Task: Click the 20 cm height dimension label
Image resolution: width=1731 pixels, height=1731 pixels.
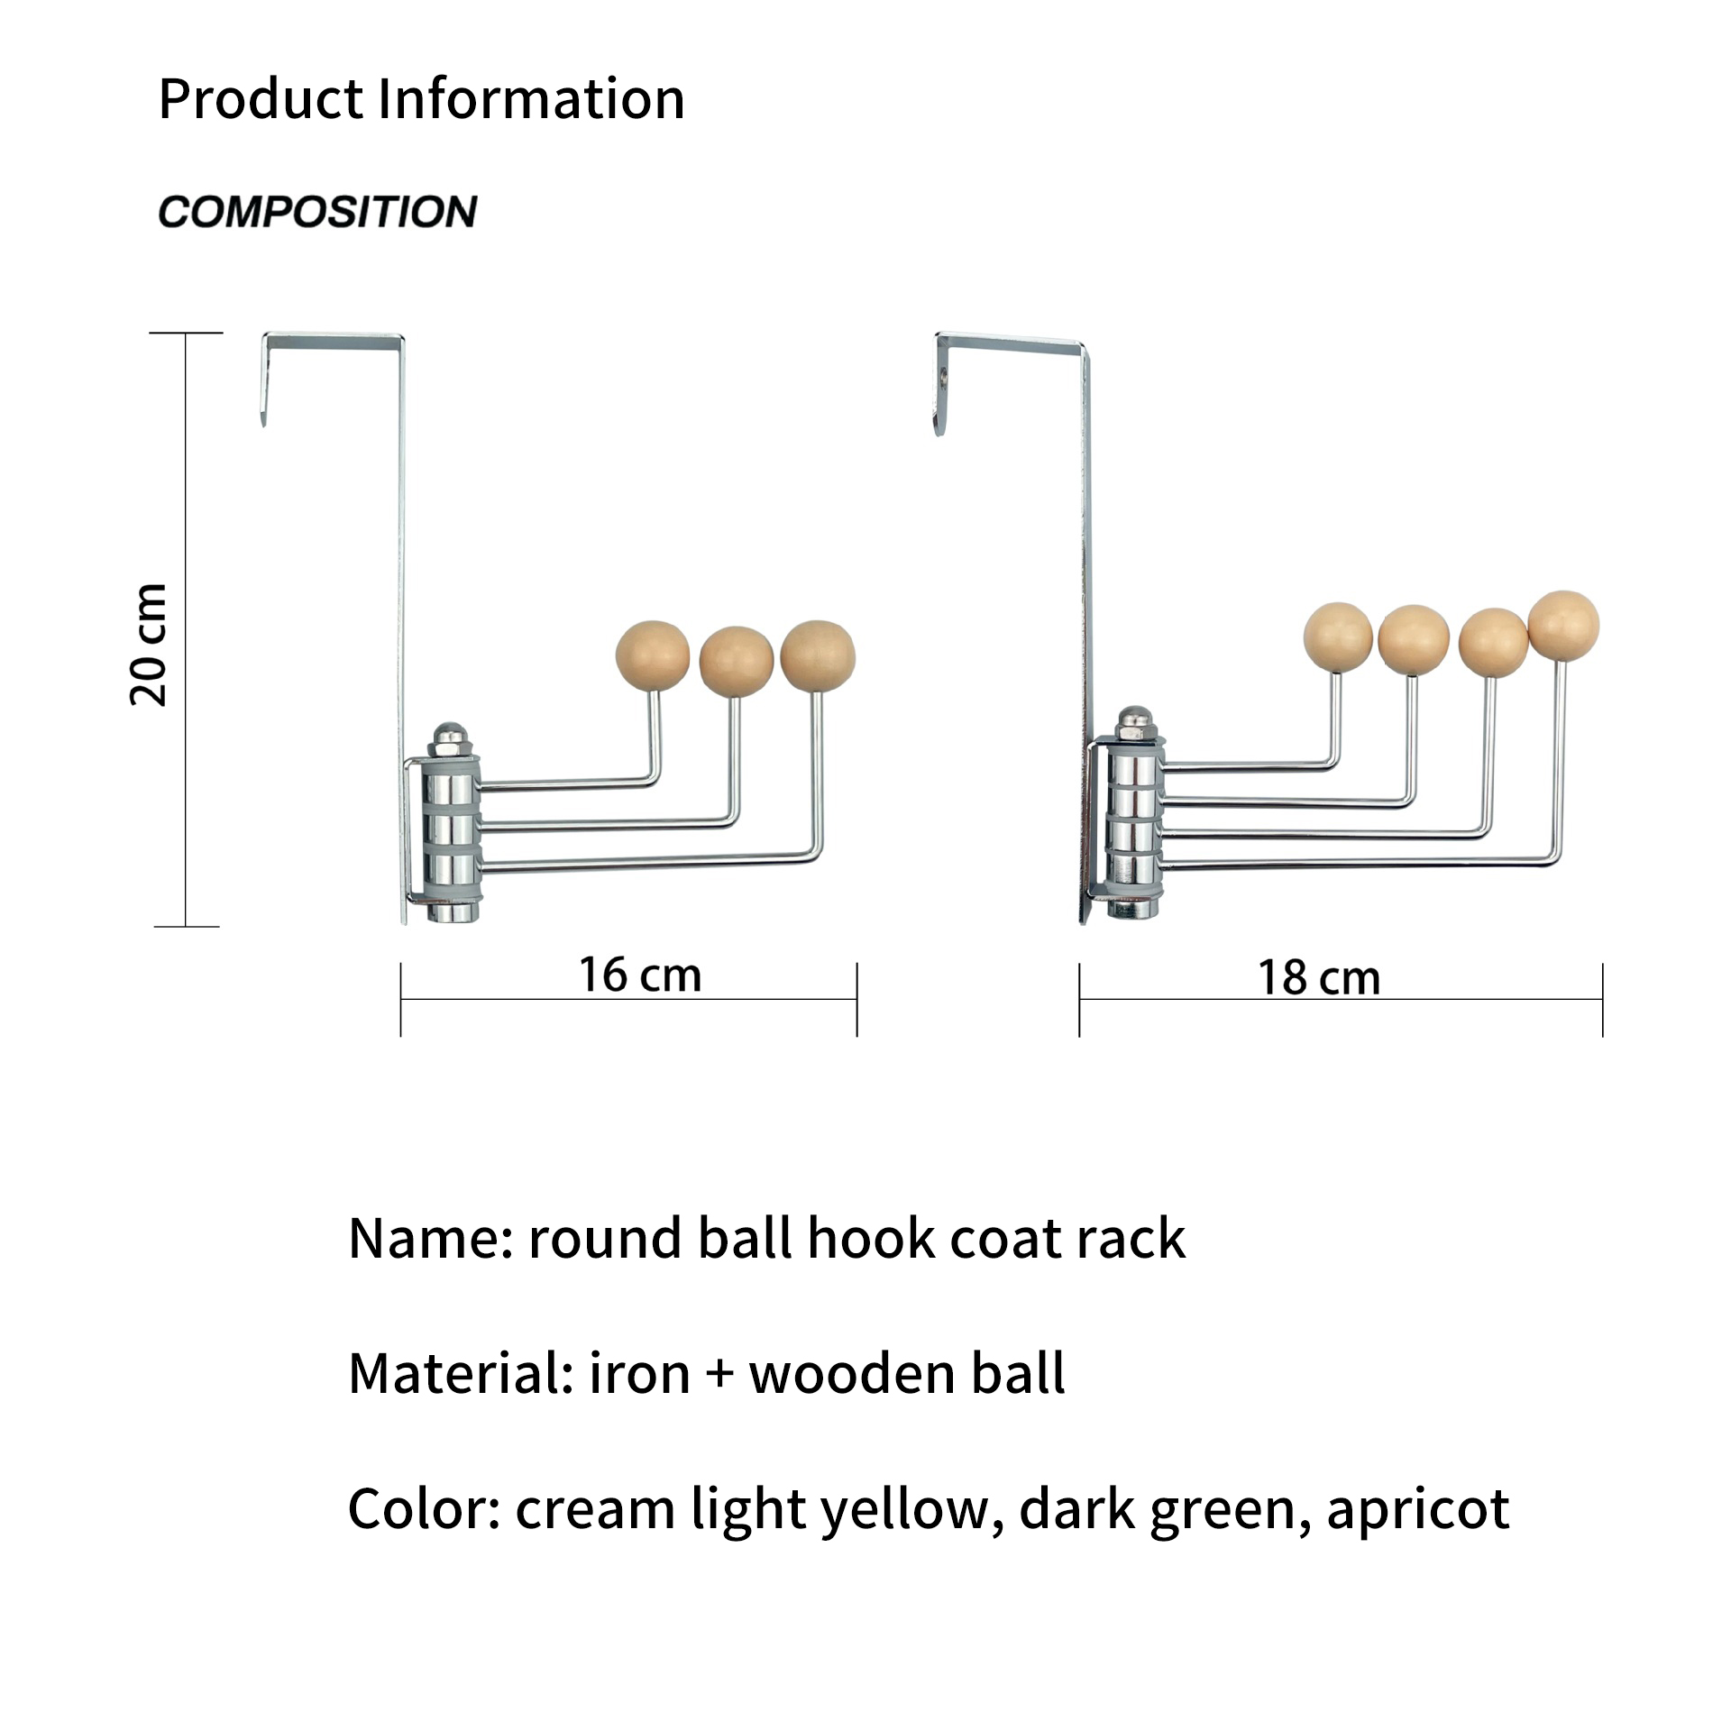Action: pyautogui.click(x=149, y=644)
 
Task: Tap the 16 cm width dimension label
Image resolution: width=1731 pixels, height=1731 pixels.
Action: pyautogui.click(x=640, y=975)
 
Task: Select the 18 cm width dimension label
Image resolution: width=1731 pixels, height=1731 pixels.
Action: pyautogui.click(x=1319, y=978)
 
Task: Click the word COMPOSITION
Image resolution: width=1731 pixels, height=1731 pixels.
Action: pyautogui.click(x=317, y=212)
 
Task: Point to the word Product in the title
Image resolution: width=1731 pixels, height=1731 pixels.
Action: pyautogui.click(x=261, y=98)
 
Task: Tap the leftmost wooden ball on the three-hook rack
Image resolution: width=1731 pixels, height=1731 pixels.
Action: pyautogui.click(x=652, y=655)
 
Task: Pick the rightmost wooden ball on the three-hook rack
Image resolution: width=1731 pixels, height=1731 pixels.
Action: pyautogui.click(x=818, y=655)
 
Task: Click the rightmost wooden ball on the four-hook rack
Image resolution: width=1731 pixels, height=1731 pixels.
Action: pyautogui.click(x=1563, y=627)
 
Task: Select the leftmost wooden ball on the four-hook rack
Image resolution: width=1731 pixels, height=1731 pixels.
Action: pyautogui.click(x=1339, y=638)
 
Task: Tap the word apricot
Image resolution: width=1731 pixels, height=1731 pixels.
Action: pyautogui.click(x=1417, y=1510)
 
